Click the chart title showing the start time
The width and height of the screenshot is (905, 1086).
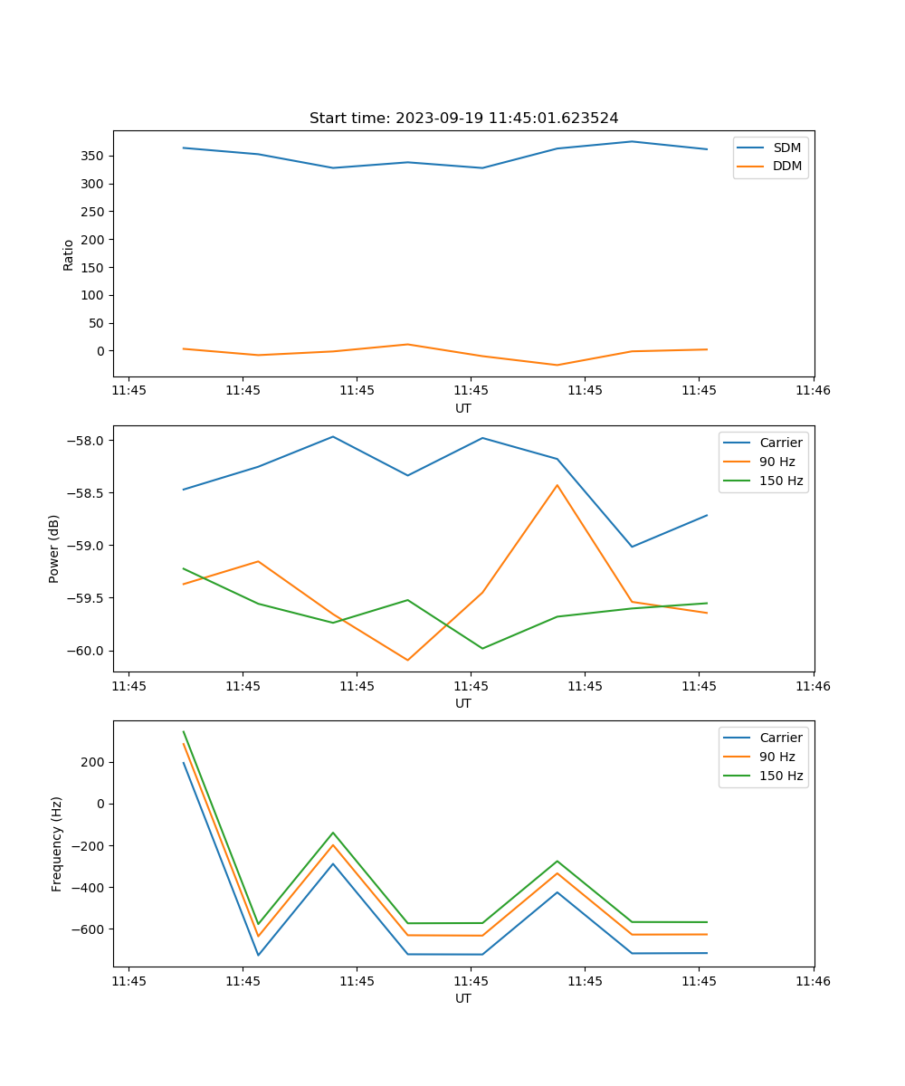(463, 119)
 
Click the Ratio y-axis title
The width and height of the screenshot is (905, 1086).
(69, 254)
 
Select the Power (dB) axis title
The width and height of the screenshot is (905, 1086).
(54, 548)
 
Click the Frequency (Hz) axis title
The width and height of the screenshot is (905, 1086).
(57, 843)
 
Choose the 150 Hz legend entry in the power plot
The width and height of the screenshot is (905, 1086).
(781, 481)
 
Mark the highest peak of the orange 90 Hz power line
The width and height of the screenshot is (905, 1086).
(557, 484)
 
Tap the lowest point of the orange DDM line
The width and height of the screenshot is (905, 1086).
(557, 365)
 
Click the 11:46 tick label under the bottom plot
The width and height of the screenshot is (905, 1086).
(813, 981)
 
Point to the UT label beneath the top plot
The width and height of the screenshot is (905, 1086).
(463, 408)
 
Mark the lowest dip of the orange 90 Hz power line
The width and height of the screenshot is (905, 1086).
(407, 660)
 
